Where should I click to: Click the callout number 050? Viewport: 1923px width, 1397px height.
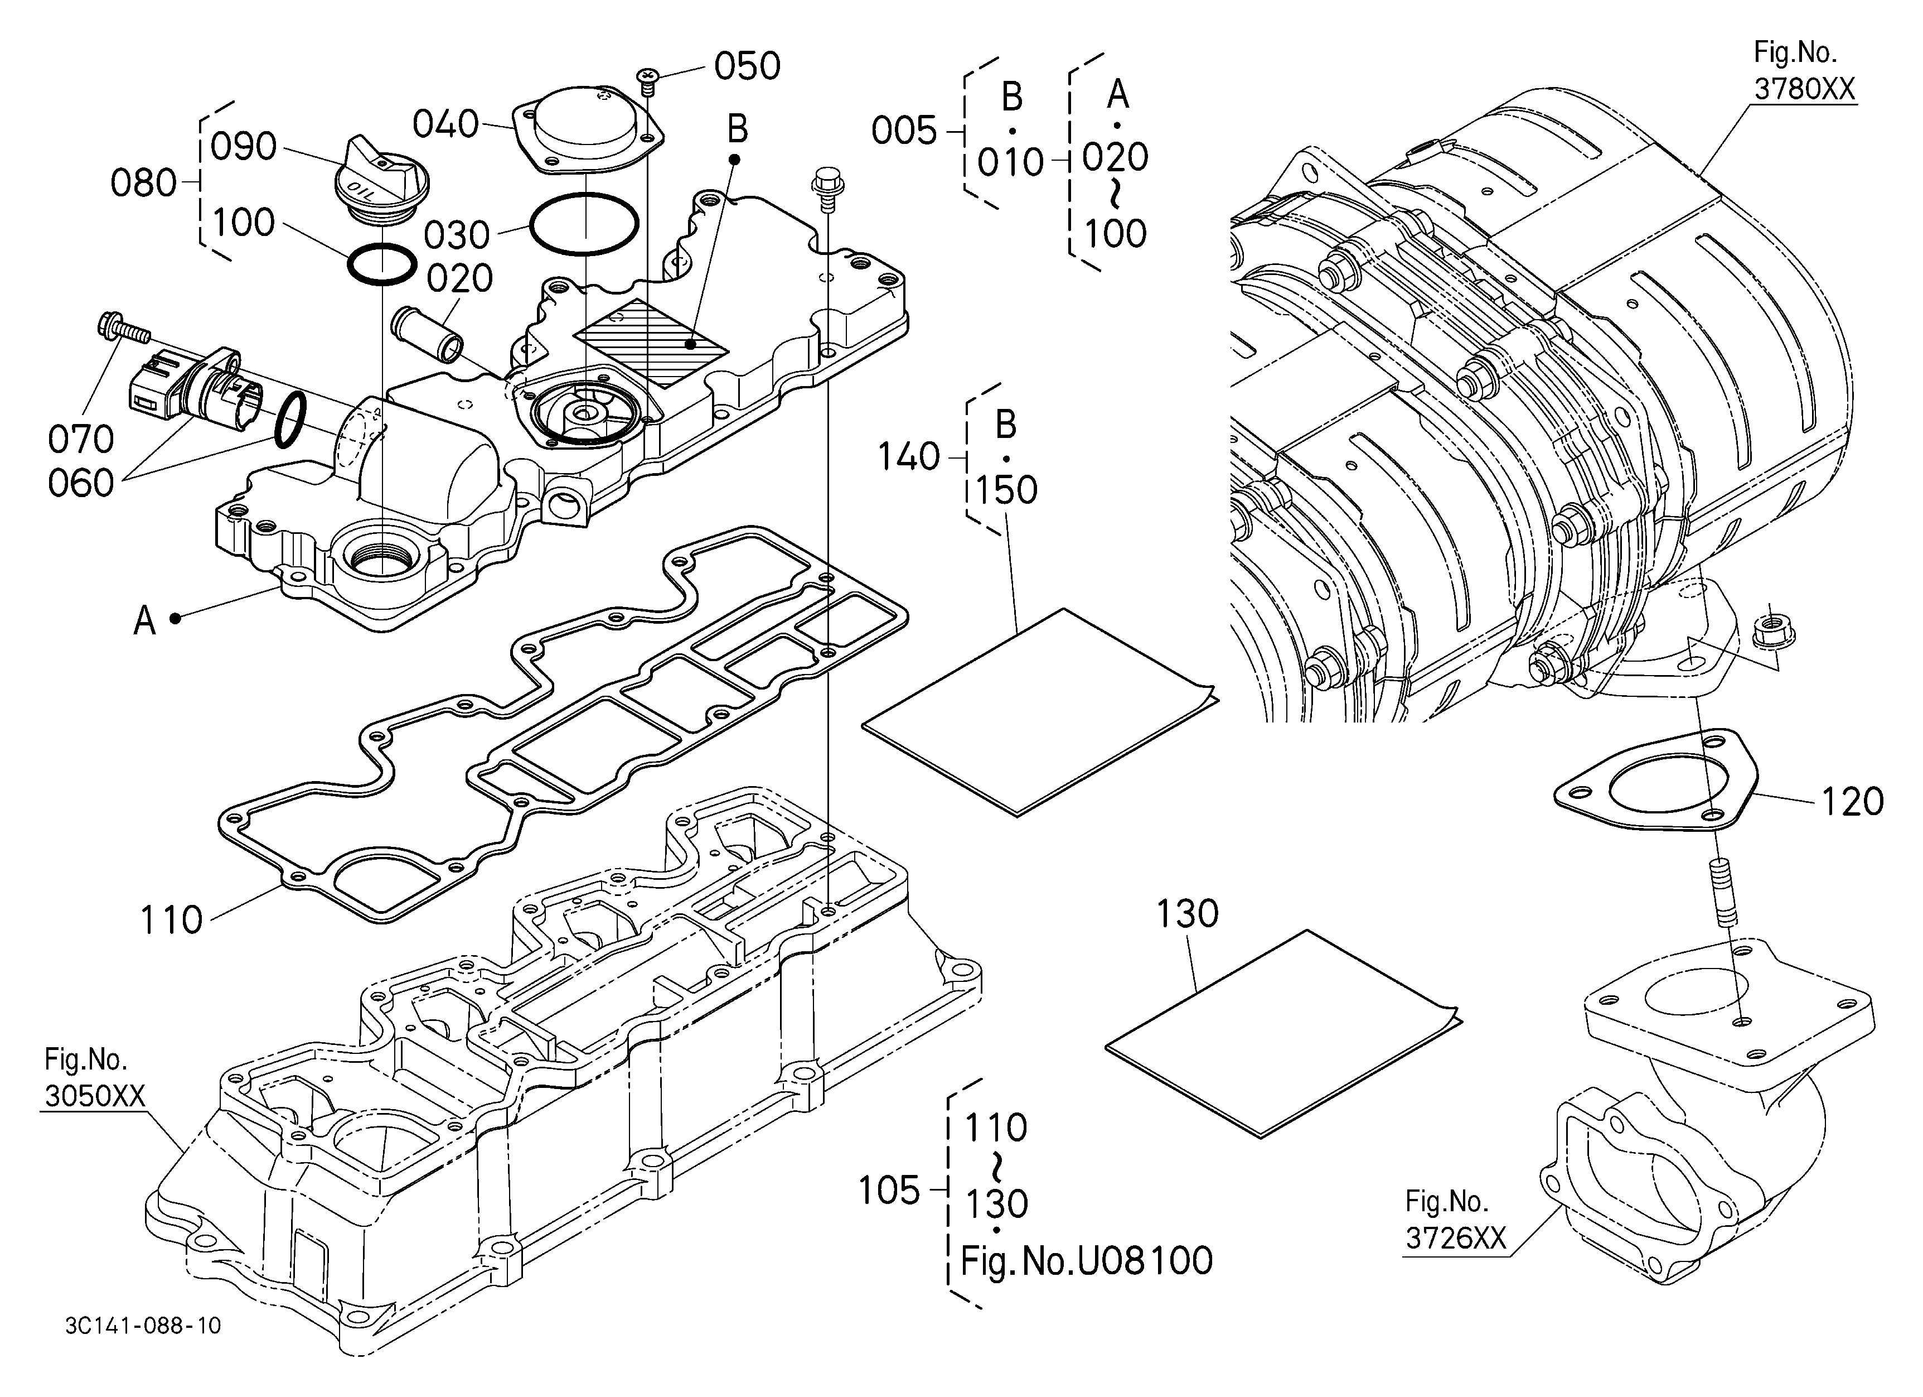747,66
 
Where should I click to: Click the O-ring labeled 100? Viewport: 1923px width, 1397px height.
382,264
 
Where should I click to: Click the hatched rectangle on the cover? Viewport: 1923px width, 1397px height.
652,343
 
